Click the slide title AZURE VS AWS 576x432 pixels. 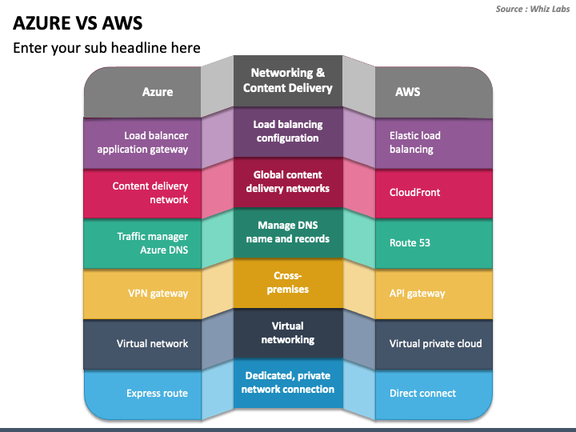78,23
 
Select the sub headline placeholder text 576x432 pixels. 106,48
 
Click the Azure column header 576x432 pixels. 158,92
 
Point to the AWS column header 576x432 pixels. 408,92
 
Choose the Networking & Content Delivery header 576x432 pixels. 288,81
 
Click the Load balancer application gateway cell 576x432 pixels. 142,142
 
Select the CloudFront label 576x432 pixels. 414,193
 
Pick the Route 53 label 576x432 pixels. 410,243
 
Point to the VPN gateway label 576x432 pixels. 158,294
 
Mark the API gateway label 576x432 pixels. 417,294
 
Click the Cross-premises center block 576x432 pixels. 288,282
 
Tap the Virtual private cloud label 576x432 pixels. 436,343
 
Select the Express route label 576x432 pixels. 158,394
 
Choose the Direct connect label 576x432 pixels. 422,394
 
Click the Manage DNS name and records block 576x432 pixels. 288,232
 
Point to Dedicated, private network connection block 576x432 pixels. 288,382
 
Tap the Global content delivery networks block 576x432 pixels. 288,182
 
